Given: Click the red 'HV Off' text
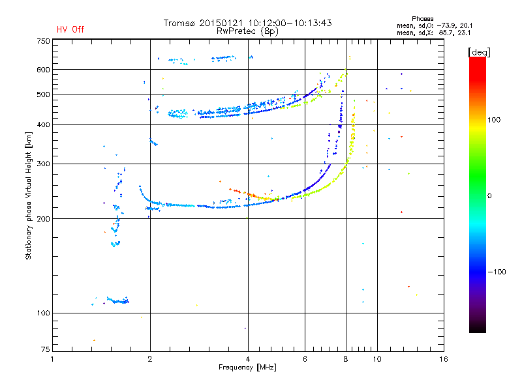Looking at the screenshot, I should pos(70,29).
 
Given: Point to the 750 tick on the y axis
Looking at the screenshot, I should pos(43,41).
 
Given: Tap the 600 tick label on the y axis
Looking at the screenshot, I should pos(43,70).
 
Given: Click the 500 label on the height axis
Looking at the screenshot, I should pos(43,94).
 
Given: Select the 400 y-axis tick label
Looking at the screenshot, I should pos(43,124).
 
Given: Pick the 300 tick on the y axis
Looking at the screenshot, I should pos(43,164).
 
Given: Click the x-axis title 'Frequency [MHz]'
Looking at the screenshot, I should pos(247,368).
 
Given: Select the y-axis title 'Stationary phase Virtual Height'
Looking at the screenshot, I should pos(29,195).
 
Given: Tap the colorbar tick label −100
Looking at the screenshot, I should pos(498,271).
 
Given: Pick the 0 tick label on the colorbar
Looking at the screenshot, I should pos(490,195).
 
